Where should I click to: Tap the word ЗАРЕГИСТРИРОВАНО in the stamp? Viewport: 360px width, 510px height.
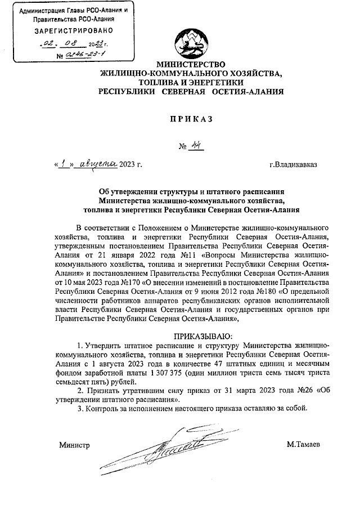pyautogui.click(x=70, y=30)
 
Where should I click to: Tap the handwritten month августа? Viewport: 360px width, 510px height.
pyautogui.click(x=98, y=164)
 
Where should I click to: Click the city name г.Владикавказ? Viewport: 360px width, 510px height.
pyautogui.click(x=293, y=164)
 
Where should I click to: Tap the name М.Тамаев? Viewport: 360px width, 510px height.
pyautogui.click(x=304, y=445)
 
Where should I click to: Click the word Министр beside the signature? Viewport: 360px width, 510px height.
pyautogui.click(x=75, y=445)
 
